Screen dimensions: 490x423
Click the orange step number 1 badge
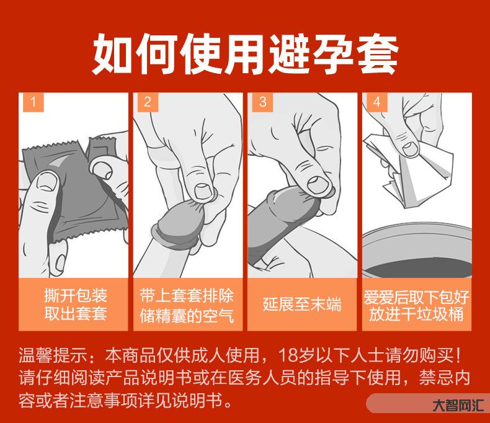click(33, 102)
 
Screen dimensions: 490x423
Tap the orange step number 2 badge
click(148, 102)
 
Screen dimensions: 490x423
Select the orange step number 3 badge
click(262, 102)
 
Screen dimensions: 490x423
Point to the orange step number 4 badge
click(377, 102)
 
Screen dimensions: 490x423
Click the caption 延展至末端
click(302, 305)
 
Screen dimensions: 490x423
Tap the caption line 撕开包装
click(75, 295)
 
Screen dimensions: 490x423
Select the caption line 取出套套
click(75, 313)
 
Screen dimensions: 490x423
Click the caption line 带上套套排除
click(187, 295)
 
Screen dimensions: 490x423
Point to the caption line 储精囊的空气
click(187, 315)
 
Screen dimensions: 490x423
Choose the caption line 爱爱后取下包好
click(416, 297)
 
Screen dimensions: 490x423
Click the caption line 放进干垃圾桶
click(416, 314)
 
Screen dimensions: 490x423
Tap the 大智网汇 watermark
click(458, 406)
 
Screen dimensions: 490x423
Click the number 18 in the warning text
click(287, 355)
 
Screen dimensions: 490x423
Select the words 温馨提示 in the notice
click(52, 355)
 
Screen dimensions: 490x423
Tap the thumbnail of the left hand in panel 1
click(47, 182)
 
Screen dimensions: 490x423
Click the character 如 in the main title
click(112, 54)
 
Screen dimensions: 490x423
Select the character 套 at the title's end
click(378, 54)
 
